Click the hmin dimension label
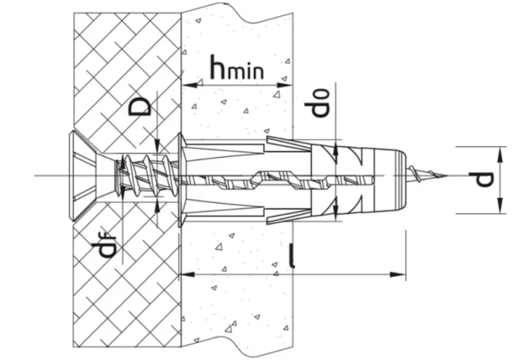237,68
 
